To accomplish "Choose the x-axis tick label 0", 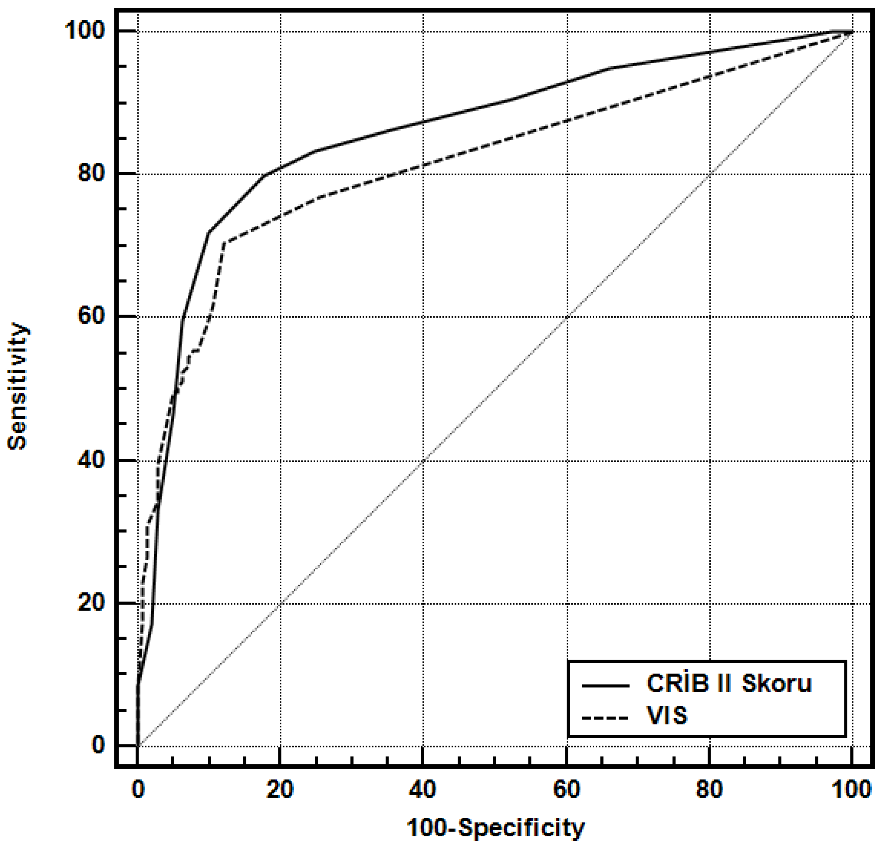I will pyautogui.click(x=138, y=790).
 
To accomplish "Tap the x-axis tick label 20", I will pyautogui.click(x=280, y=790).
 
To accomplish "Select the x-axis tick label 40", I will pyautogui.click(x=423, y=790).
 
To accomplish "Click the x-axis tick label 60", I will pyautogui.click(x=566, y=790).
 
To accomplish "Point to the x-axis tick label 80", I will pyautogui.click(x=709, y=790).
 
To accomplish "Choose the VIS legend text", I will pyautogui.click(x=667, y=715).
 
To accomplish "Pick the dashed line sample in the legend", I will pyautogui.click(x=605, y=717).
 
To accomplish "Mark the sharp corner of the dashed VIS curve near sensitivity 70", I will pyautogui.click(x=224, y=243).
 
